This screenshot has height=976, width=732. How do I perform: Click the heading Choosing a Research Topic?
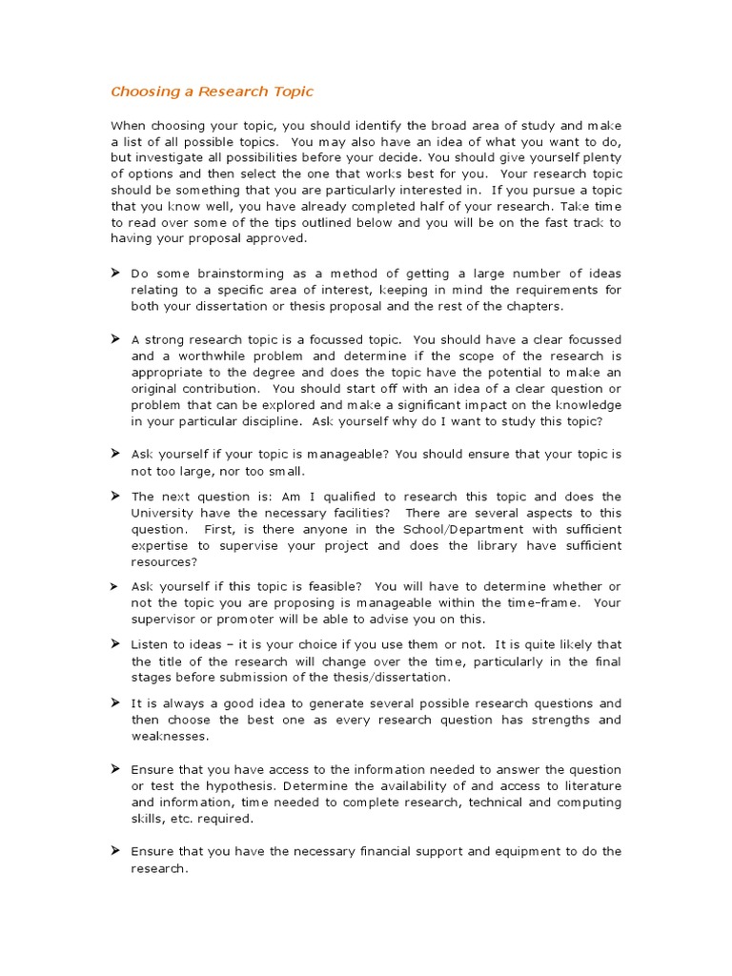[212, 92]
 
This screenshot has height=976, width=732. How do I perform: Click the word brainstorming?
[237, 274]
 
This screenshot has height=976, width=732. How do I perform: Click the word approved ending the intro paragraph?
[251, 239]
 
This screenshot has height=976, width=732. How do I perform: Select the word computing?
[591, 802]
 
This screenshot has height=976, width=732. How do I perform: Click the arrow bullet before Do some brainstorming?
[115, 274]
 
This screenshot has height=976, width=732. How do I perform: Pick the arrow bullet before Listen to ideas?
[115, 644]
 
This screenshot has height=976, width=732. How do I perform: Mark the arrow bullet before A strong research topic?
[115, 339]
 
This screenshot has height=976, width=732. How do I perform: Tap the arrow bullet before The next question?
[115, 497]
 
